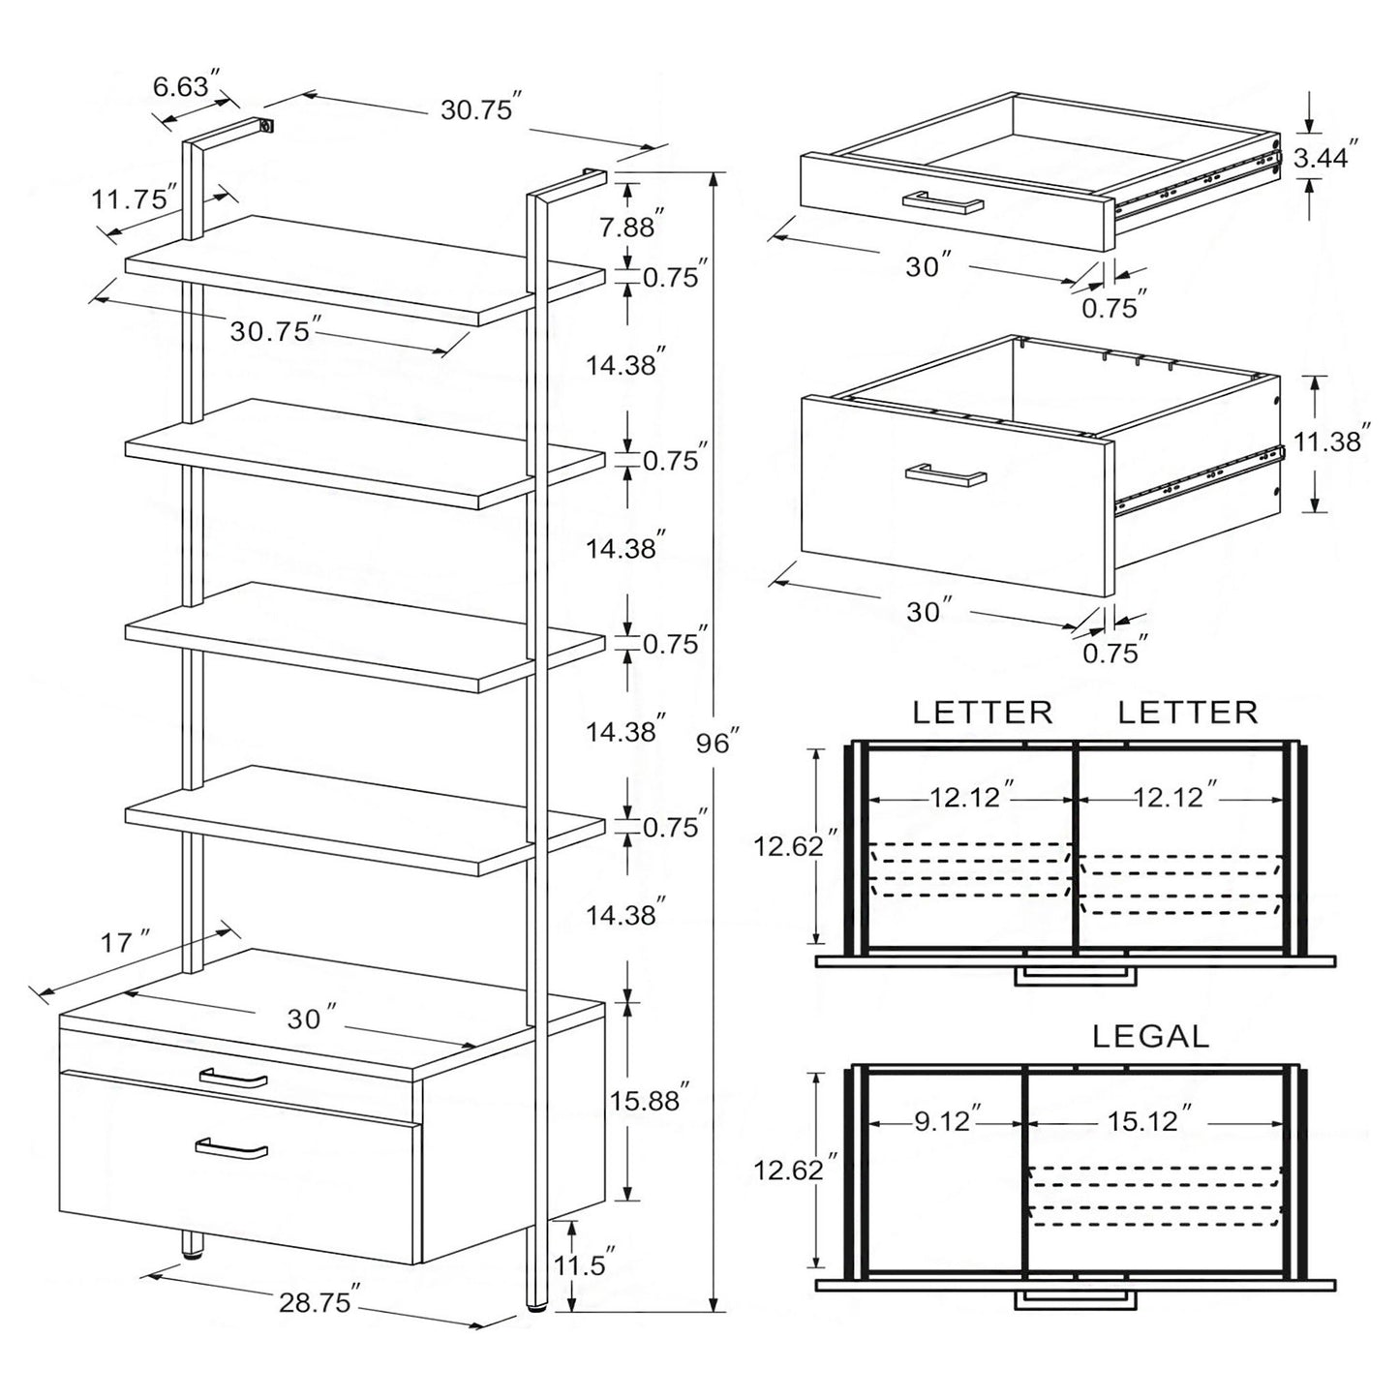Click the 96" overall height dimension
(716, 744)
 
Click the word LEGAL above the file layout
(1150, 1037)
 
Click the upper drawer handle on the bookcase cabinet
(232, 1078)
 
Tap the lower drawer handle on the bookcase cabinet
(231, 1148)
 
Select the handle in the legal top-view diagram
(1074, 1300)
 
